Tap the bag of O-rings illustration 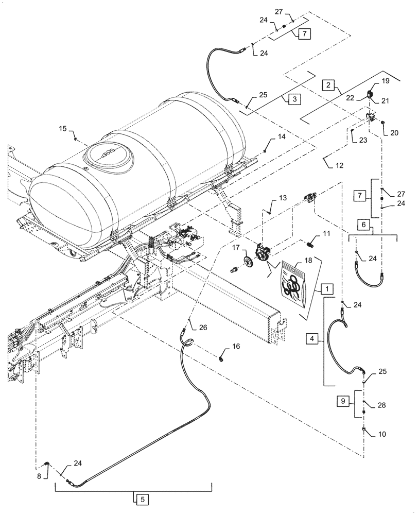(295, 282)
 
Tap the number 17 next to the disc (236, 248)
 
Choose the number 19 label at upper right (385, 81)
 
